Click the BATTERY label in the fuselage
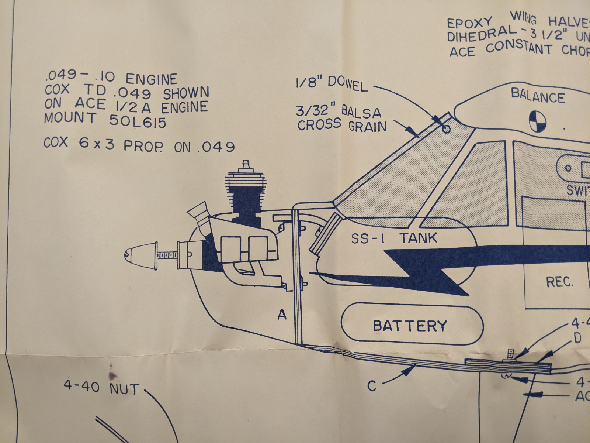coord(410,326)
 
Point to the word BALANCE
coord(538,96)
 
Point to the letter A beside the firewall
coord(282,315)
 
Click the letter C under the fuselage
coord(371,386)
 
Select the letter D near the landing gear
coord(577,338)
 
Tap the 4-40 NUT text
coord(101,388)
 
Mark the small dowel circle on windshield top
coord(447,129)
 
